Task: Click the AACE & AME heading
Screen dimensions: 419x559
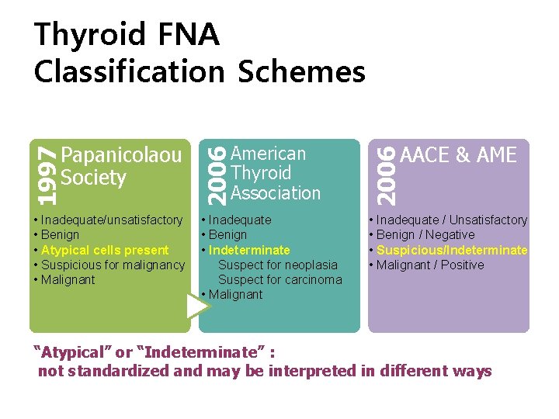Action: coord(458,155)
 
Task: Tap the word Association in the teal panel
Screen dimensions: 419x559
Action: coord(276,192)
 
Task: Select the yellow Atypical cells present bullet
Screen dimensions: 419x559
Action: coord(104,250)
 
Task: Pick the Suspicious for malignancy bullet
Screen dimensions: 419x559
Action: coord(113,265)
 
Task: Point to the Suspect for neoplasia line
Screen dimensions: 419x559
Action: coord(278,265)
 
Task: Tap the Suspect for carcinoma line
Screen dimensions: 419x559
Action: coord(279,279)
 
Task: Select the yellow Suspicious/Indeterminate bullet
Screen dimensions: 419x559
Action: coord(452,250)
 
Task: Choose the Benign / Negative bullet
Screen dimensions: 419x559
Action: coord(425,234)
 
